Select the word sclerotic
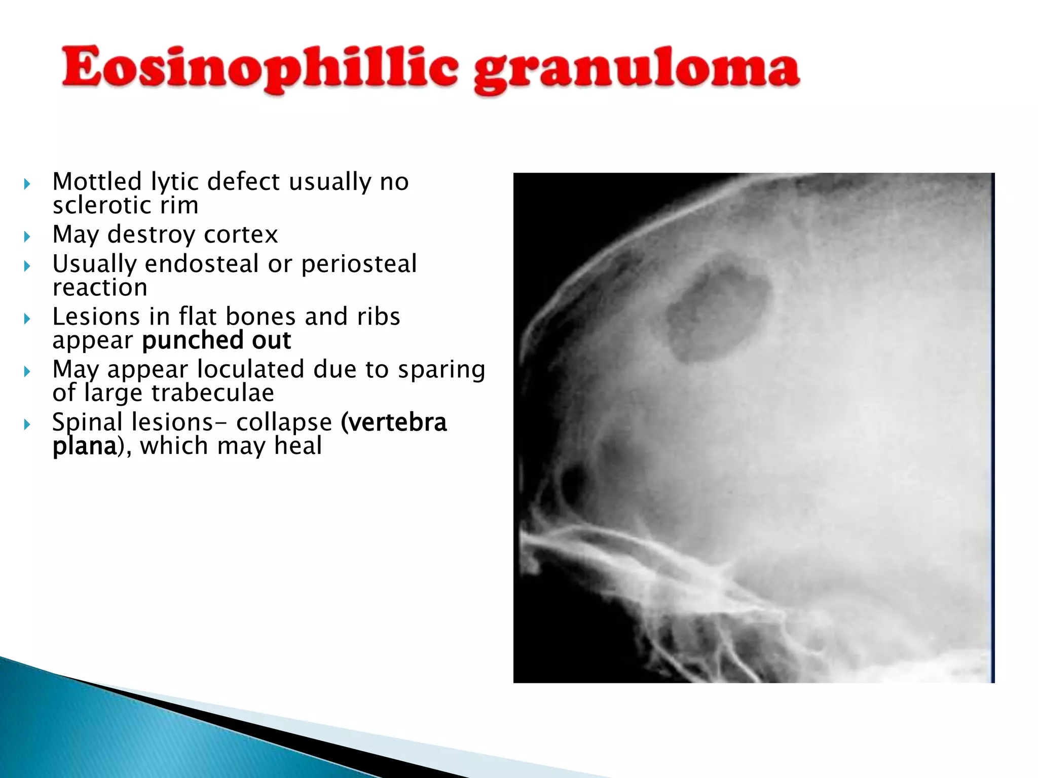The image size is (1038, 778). (x=101, y=206)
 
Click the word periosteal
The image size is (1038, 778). (x=359, y=264)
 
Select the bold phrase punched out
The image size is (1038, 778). (x=216, y=340)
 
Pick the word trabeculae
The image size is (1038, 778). (x=212, y=393)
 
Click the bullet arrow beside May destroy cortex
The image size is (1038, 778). (x=27, y=237)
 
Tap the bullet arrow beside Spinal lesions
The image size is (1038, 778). (x=27, y=424)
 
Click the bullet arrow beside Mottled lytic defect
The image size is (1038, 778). (x=27, y=184)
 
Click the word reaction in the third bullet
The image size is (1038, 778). (x=100, y=288)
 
